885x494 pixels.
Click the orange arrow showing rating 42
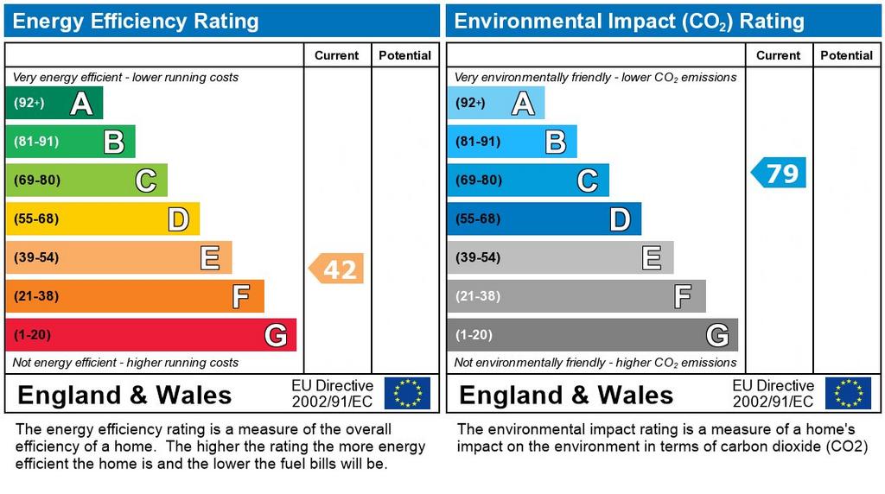(337, 269)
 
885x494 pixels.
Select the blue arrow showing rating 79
(780, 173)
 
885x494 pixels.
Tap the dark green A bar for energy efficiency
(54, 104)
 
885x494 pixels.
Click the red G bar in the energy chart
(150, 335)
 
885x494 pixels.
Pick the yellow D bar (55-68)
(102, 219)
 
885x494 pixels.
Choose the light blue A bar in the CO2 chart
(495, 104)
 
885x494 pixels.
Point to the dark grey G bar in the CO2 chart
(592, 335)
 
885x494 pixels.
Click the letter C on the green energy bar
(145, 180)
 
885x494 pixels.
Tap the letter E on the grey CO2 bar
(652, 257)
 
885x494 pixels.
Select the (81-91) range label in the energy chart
(35, 142)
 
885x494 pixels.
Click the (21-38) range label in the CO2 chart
(477, 296)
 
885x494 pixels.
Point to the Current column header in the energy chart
(336, 55)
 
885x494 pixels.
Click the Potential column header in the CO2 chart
(846, 55)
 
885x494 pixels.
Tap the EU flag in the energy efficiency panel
(407, 393)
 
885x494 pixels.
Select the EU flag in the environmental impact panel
(848, 393)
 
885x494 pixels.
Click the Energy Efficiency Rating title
(136, 21)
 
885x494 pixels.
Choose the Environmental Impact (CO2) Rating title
(629, 21)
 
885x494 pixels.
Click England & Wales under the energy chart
(124, 396)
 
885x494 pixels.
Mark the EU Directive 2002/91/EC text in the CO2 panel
(773, 394)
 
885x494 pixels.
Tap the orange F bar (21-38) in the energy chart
(134, 296)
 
